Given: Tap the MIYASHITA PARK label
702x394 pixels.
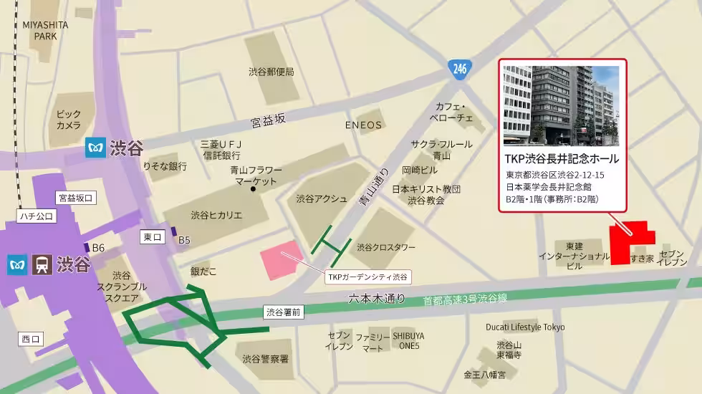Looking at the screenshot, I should [45, 30].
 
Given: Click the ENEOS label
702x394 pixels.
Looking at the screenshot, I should [364, 125].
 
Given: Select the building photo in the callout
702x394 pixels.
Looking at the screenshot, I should [561, 105].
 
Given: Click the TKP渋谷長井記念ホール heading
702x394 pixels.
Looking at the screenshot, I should [562, 158].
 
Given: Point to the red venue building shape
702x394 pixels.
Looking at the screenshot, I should [630, 243].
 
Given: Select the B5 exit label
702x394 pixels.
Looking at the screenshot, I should [184, 240].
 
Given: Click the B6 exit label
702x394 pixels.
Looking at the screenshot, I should [98, 248].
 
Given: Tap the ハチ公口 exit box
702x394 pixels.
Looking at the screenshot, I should [37, 214].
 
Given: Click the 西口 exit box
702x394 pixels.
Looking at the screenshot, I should [32, 339].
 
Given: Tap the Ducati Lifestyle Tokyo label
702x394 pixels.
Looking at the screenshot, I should [526, 327].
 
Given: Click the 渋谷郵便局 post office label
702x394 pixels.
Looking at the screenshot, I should [271, 72].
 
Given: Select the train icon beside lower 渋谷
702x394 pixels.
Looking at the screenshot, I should [42, 265].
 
